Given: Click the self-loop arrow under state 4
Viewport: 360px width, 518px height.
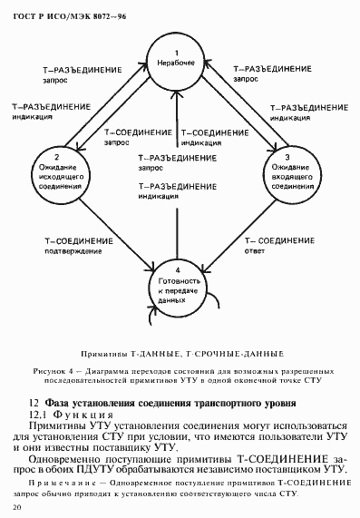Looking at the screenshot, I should point(145,314).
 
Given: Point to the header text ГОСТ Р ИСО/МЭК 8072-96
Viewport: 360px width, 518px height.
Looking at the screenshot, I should point(57,13).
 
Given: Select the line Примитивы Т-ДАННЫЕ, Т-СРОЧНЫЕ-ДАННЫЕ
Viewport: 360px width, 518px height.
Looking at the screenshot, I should point(180,350).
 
